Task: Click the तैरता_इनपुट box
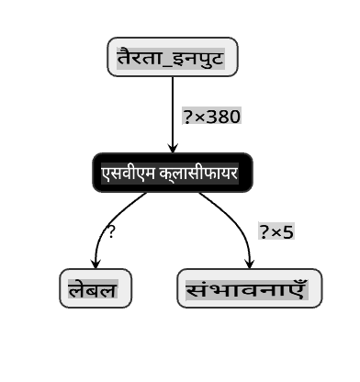173,57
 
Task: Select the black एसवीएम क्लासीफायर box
173,173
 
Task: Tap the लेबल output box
96,288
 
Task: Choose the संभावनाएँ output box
250,288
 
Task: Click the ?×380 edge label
212,116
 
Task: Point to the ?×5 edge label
276,231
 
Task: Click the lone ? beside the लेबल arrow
111,231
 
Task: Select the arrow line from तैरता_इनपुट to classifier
173,115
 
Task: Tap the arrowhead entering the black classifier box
173,148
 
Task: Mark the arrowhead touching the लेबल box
96,264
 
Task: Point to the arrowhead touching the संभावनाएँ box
250,264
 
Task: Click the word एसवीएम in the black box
129,174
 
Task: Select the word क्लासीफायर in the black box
198,174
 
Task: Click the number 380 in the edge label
223,117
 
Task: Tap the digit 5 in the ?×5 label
288,232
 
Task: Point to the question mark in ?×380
187,117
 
